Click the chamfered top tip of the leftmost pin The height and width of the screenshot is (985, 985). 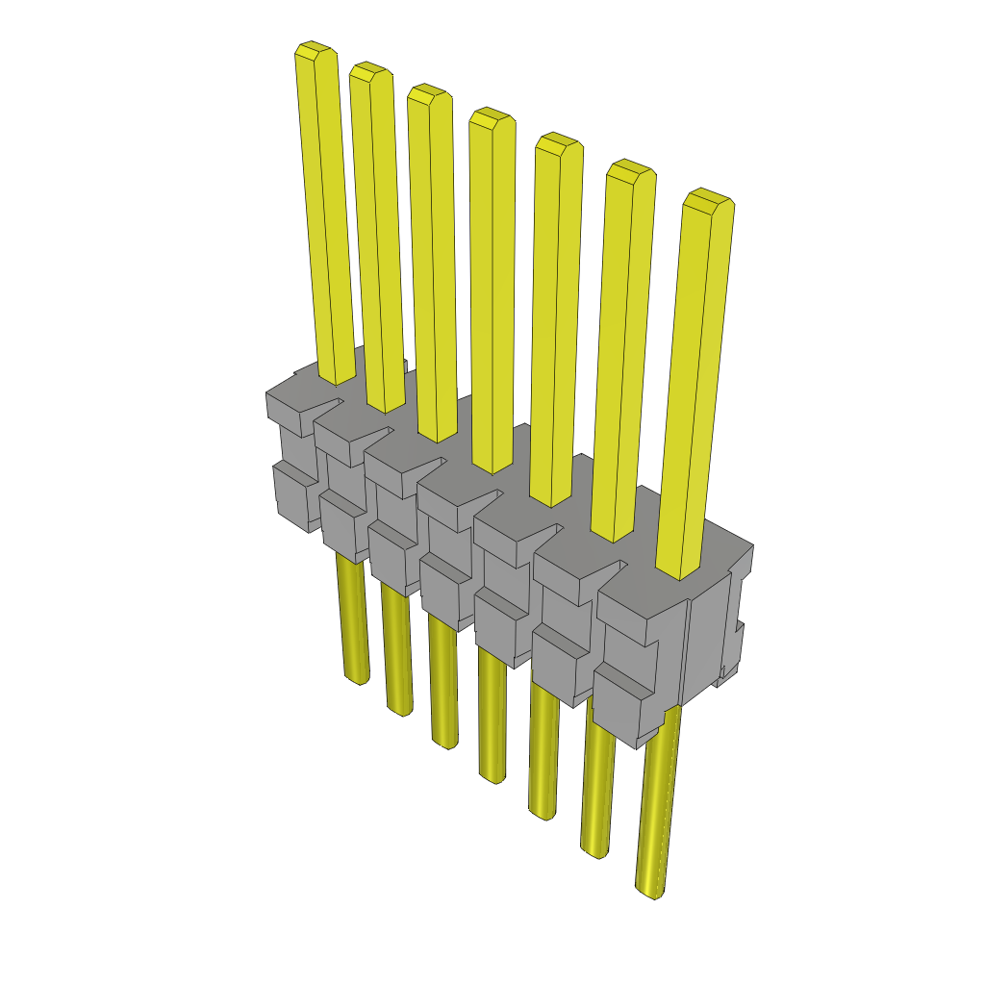[315, 51]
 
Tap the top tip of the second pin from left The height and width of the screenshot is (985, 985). [370, 71]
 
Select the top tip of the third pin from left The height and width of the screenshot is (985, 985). [428, 93]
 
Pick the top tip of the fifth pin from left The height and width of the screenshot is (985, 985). [558, 142]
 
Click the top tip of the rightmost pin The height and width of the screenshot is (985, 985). [707, 200]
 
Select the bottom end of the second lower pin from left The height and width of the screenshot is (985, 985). [400, 709]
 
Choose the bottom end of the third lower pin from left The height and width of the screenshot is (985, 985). [445, 741]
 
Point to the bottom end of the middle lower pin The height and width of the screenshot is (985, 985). [492, 775]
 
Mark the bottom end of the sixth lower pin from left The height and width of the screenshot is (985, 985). [595, 849]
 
